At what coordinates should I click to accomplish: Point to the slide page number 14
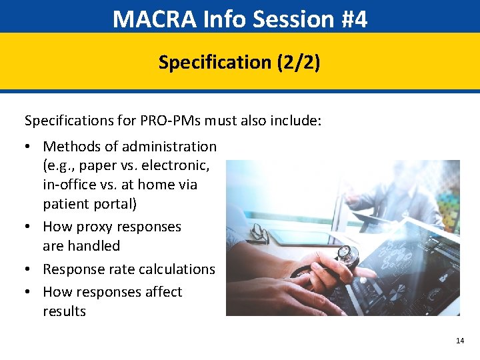[x=459, y=341]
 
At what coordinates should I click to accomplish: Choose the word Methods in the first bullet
[x=69, y=146]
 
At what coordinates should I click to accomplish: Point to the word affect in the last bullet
[x=162, y=292]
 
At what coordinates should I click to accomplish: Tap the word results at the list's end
[x=64, y=311]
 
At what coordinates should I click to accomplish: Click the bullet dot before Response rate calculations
[x=29, y=269]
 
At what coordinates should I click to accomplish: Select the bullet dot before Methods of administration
[x=29, y=146]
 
